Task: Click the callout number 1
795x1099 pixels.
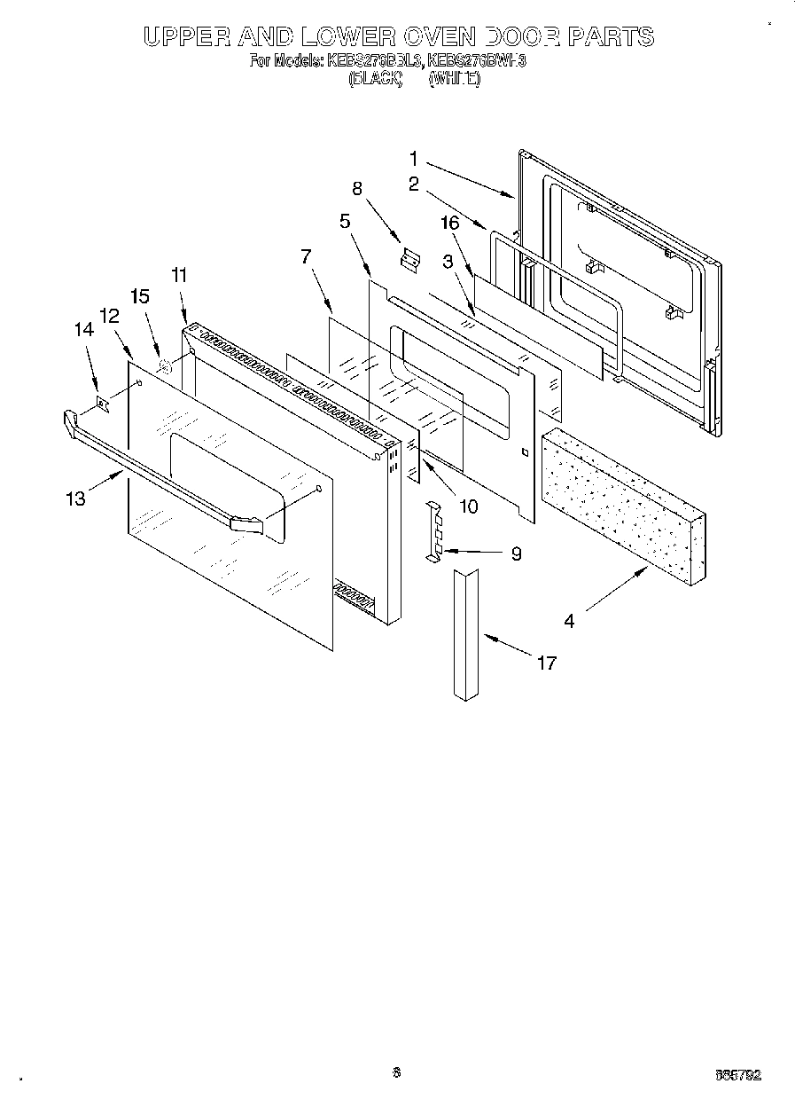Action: pyautogui.click(x=414, y=160)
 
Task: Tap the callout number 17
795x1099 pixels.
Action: pyautogui.click(x=547, y=663)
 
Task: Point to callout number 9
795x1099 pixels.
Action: pyautogui.click(x=516, y=554)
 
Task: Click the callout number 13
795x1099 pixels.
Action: pyautogui.click(x=75, y=498)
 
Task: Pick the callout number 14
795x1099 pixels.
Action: pyautogui.click(x=83, y=329)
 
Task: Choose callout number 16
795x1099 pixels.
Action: pyautogui.click(x=450, y=223)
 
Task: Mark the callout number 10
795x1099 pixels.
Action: pyautogui.click(x=468, y=506)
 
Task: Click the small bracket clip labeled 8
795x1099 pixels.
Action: pyautogui.click(x=409, y=258)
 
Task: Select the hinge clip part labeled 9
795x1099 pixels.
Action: pyautogui.click(x=434, y=531)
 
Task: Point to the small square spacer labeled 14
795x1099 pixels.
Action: pyautogui.click(x=103, y=404)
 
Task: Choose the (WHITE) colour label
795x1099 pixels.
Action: pyautogui.click(x=455, y=79)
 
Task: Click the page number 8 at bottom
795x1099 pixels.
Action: pyautogui.click(x=397, y=1072)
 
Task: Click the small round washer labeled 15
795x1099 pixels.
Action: pyautogui.click(x=164, y=365)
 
